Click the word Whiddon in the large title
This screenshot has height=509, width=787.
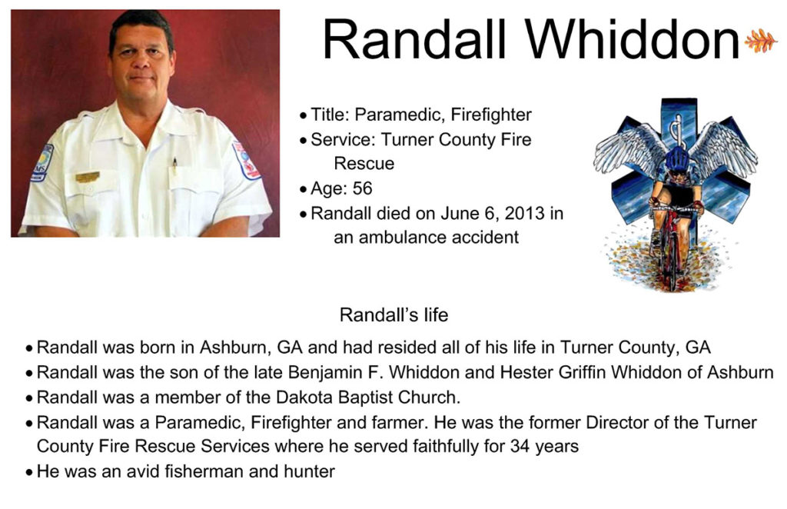coord(633,40)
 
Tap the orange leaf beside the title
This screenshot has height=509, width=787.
coord(760,40)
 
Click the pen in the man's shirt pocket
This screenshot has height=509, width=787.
coord(174,165)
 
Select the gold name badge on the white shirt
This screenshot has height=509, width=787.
coord(88,177)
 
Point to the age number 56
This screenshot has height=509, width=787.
coord(363,188)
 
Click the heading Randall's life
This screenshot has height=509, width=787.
coord(394,314)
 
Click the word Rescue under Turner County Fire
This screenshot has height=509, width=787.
coord(364,163)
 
